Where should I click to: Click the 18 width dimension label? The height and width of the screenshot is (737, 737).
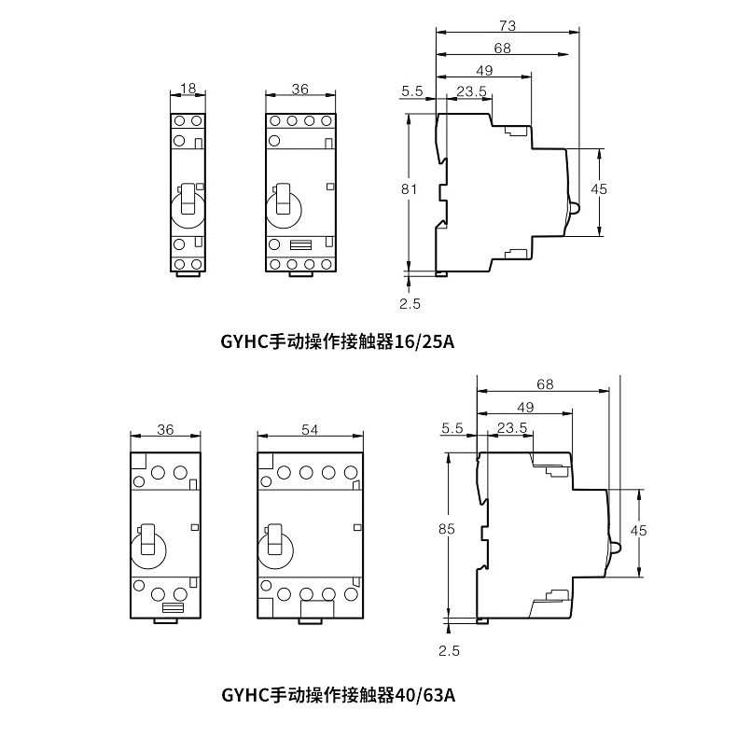click(188, 89)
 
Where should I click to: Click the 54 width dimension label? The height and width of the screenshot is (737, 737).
click(311, 429)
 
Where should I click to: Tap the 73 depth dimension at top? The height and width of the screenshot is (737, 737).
click(508, 24)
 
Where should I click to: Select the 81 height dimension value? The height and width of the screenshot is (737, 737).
click(408, 188)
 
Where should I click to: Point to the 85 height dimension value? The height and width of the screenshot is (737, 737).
click(446, 529)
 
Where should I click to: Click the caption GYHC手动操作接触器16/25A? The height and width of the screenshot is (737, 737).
click(337, 341)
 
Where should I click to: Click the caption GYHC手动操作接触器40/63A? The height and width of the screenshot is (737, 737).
click(338, 695)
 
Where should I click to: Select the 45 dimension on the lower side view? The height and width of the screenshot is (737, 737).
click(639, 530)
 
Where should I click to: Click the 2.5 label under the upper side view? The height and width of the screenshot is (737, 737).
click(410, 303)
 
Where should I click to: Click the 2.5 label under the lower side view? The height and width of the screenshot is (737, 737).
click(449, 649)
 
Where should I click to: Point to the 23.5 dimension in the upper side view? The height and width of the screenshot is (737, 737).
click(472, 90)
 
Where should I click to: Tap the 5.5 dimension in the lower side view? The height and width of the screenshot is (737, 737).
click(452, 428)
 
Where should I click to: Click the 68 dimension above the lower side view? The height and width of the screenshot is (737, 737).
click(545, 384)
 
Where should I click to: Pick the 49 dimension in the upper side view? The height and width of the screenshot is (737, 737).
click(484, 71)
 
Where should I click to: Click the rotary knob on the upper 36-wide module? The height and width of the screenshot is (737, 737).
click(284, 202)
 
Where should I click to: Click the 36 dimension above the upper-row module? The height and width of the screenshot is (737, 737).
click(299, 89)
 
